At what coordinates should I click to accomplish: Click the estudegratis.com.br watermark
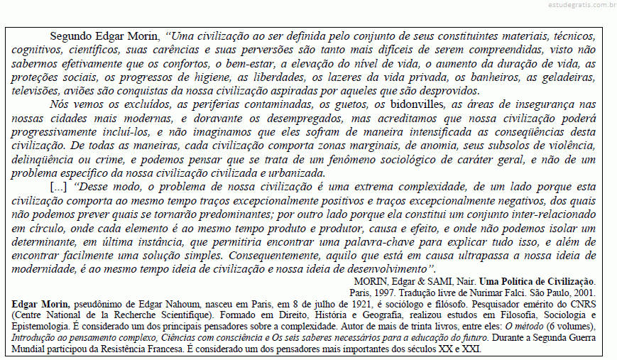(581, 6)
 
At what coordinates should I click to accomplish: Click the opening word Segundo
(71, 36)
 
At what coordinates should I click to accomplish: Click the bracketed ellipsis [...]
(59, 187)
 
